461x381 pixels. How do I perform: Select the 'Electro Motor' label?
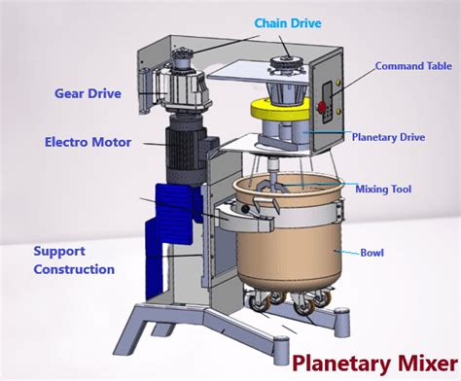[x=88, y=142]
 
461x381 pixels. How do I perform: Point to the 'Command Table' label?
[x=412, y=66]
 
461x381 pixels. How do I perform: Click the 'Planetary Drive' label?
[x=388, y=137]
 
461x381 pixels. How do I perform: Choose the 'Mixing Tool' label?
[x=387, y=189]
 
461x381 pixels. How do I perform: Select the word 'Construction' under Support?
[x=74, y=269]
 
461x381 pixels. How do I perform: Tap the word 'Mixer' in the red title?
[x=419, y=362]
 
